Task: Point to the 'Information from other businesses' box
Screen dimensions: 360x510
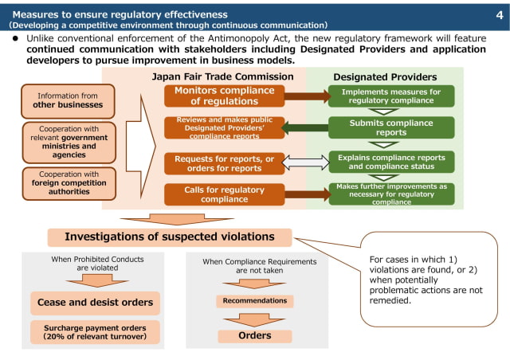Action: (x=68, y=100)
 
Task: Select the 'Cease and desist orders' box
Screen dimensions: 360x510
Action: (x=96, y=303)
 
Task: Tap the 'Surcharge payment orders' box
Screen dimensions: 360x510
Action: (x=96, y=331)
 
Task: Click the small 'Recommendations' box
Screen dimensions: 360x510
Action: (x=255, y=301)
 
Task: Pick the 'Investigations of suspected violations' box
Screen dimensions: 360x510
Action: (x=170, y=237)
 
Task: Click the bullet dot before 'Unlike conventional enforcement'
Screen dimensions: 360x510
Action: (x=15, y=37)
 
